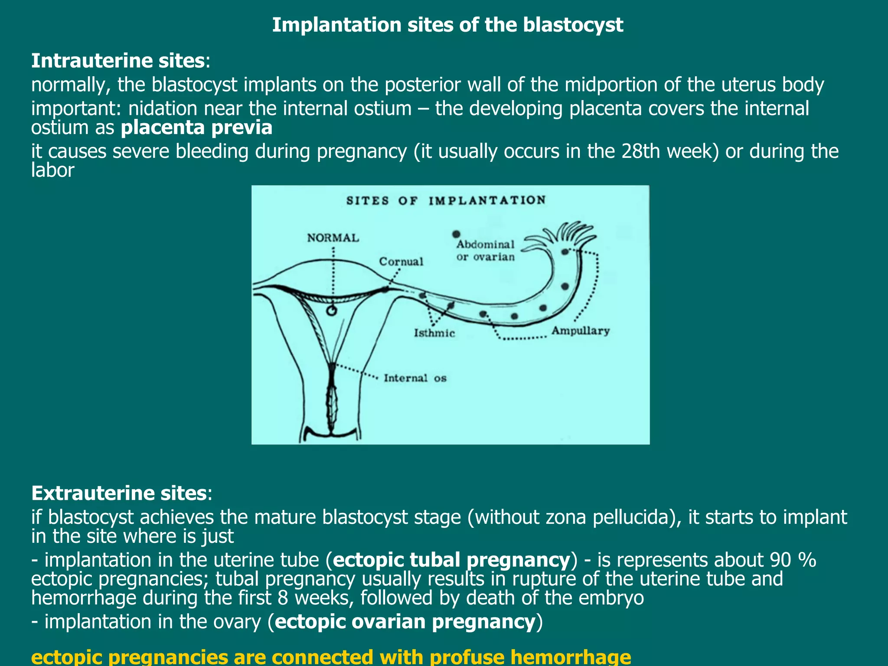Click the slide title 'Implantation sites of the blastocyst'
447,25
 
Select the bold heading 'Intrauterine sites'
118,61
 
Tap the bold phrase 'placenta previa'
196,127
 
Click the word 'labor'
52,170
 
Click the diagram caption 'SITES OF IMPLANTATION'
446,200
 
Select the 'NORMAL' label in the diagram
333,238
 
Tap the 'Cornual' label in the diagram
401,261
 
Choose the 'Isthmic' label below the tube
434,333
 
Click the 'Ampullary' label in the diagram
580,331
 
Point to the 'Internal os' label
415,378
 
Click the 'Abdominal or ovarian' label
485,251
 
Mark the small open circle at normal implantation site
331,310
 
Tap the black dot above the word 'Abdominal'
456,234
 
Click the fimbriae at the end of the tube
568,234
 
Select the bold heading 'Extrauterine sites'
118,493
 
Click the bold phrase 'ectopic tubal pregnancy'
451,560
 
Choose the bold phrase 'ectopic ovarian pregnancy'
405,621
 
